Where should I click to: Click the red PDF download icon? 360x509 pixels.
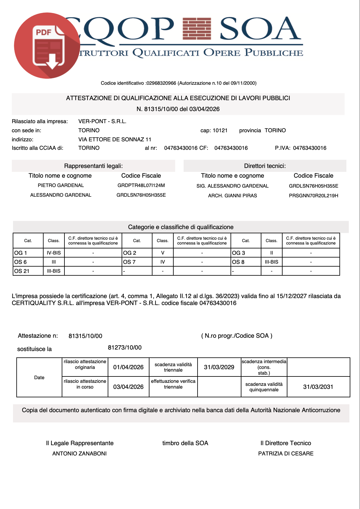point(47,46)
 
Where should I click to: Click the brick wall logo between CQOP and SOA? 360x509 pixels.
point(197,29)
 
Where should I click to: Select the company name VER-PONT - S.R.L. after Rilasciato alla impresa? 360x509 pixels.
point(102,121)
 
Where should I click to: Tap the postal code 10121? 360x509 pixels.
point(220,130)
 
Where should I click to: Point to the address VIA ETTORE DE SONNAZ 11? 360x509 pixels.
point(115,140)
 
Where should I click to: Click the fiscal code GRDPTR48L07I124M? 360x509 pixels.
point(141,186)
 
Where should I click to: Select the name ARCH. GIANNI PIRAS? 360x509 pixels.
point(232,196)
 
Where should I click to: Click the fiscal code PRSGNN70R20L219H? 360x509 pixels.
point(313,196)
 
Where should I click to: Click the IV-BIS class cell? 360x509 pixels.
point(54,253)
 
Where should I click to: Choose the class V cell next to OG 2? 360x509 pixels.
point(163,253)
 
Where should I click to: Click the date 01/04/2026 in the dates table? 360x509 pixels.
point(128,367)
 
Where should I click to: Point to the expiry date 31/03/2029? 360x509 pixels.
point(219,367)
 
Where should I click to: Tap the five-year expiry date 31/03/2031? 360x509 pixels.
point(318,387)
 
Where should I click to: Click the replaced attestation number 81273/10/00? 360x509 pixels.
point(125,348)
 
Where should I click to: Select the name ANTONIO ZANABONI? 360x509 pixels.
point(80,454)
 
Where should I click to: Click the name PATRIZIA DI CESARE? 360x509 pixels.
point(286,454)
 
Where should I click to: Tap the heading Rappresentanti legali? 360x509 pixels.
point(93,166)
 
